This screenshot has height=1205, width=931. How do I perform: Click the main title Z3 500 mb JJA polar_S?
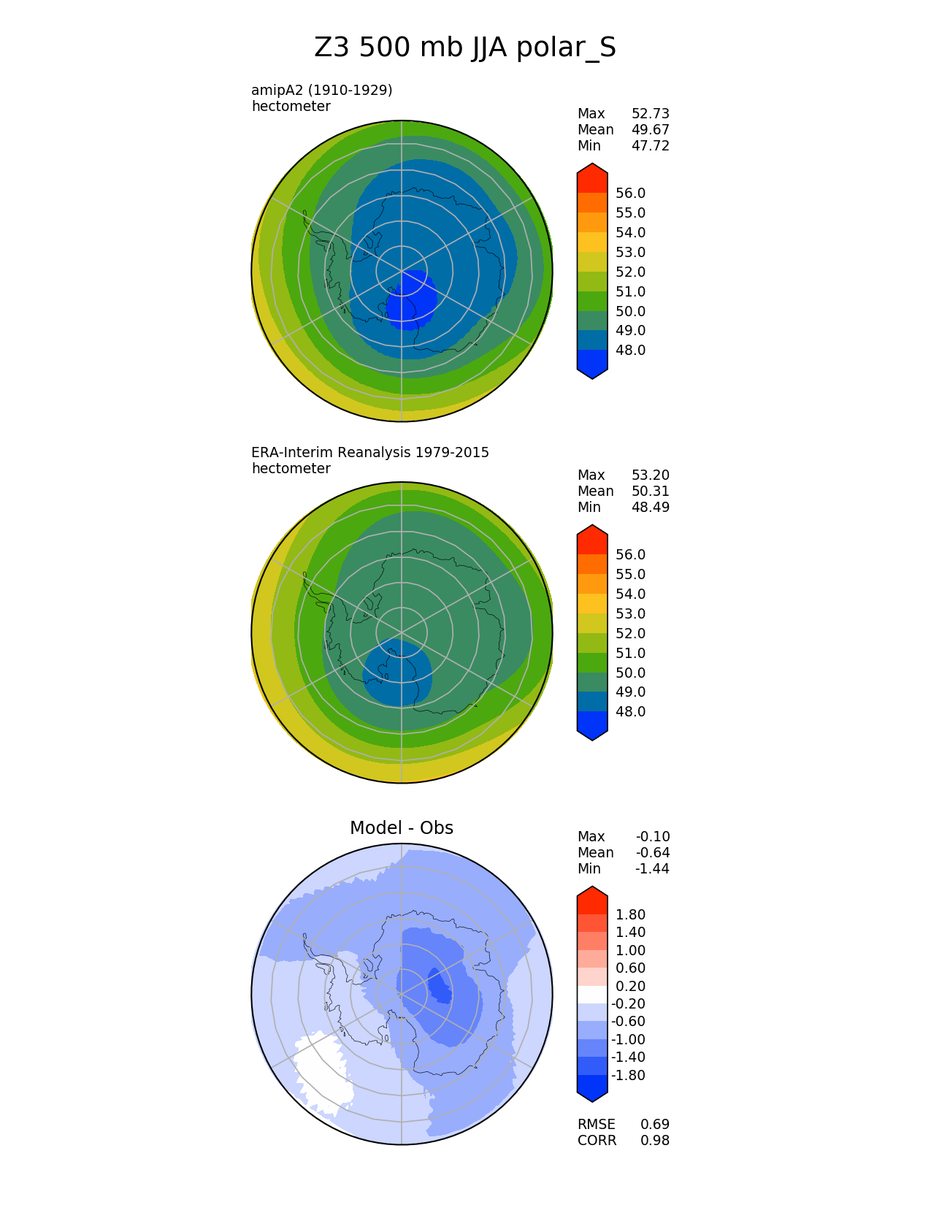click(x=465, y=48)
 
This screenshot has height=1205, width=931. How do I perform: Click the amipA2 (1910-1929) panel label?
click(x=322, y=91)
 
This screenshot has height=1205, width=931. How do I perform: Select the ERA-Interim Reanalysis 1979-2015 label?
click(x=370, y=453)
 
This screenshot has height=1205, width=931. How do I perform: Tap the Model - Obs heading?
click(x=402, y=828)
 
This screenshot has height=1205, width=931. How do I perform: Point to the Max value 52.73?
click(x=650, y=114)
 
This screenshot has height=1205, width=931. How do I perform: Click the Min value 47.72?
click(x=650, y=146)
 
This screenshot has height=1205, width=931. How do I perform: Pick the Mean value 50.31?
click(x=650, y=491)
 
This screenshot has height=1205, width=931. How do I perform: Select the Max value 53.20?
click(x=650, y=475)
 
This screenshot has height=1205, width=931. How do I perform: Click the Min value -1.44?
click(x=652, y=869)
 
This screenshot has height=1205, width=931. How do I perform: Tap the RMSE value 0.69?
click(x=655, y=1125)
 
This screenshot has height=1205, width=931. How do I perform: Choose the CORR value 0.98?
click(x=655, y=1141)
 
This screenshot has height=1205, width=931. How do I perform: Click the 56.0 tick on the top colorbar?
click(x=631, y=194)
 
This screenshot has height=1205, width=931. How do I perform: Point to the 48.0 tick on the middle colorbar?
click(x=631, y=712)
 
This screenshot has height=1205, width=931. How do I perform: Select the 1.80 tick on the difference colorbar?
click(x=631, y=915)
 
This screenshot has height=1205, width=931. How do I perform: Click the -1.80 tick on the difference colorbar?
click(x=629, y=1076)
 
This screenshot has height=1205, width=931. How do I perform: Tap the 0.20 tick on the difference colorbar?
click(x=631, y=987)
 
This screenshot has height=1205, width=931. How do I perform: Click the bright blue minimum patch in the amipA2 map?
click(x=411, y=299)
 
